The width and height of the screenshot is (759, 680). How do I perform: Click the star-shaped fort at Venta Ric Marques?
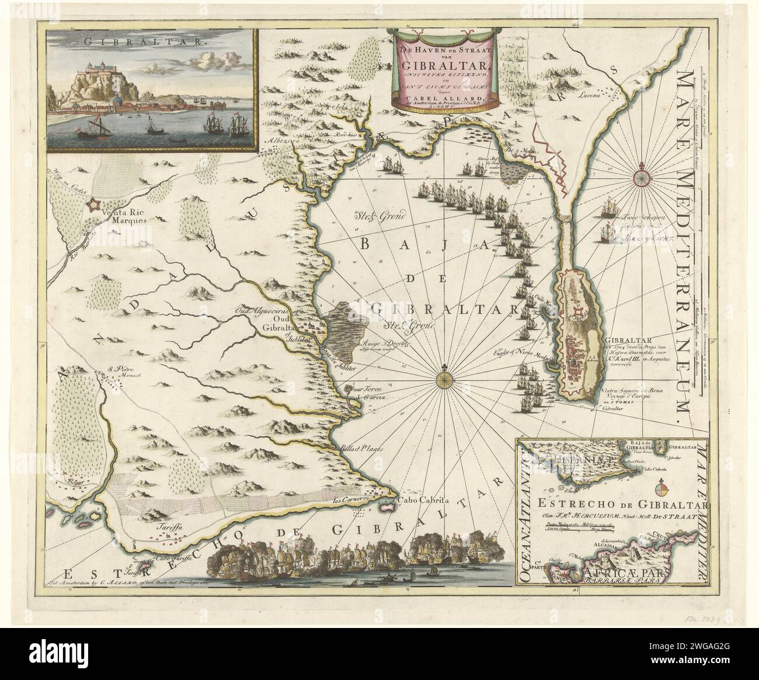tap(92, 204)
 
